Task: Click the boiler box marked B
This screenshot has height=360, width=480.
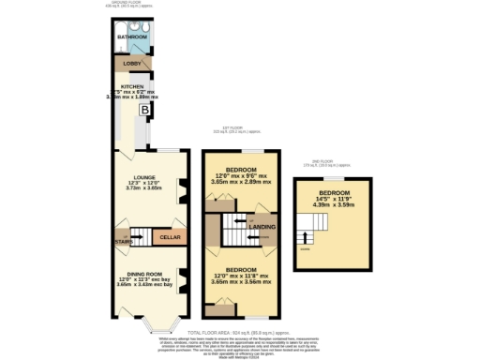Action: coord(144,110)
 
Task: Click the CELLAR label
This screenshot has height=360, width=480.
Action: coord(170,238)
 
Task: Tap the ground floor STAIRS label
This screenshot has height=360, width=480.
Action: coord(123,242)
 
